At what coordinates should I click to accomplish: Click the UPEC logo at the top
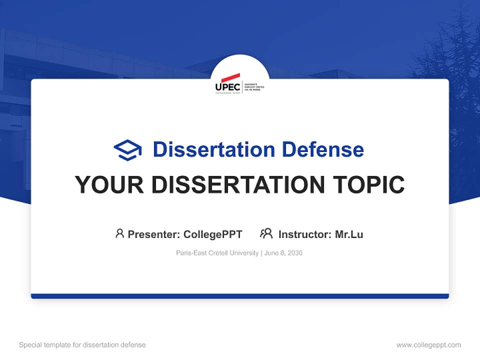click(x=239, y=84)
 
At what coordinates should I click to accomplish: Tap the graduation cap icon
click(x=127, y=150)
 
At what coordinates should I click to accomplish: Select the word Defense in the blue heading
click(x=322, y=149)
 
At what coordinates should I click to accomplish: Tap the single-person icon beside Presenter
click(x=119, y=233)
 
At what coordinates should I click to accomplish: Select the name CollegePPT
click(x=213, y=234)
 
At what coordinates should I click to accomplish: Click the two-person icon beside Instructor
click(x=266, y=233)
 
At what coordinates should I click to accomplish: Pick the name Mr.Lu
click(x=349, y=234)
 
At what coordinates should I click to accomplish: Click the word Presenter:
click(x=154, y=234)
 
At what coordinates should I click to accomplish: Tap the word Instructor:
click(x=305, y=234)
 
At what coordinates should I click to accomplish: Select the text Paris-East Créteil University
click(x=217, y=253)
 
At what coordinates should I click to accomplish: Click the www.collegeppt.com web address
click(x=428, y=345)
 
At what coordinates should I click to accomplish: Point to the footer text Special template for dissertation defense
click(x=82, y=345)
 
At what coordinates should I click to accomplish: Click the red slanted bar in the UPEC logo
click(x=230, y=77)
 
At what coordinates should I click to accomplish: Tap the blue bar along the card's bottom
click(x=240, y=296)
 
